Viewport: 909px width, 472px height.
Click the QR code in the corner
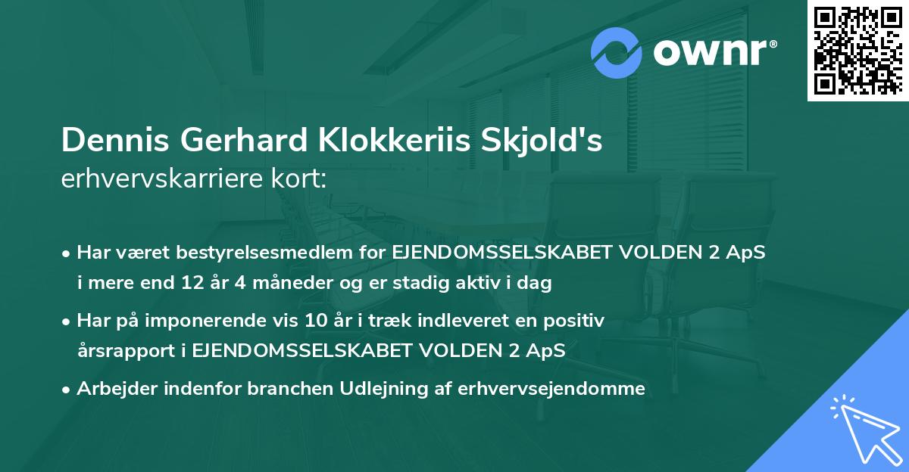click(858, 50)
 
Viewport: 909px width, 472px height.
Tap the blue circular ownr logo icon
click(617, 52)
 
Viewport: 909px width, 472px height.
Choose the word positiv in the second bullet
click(579, 321)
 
